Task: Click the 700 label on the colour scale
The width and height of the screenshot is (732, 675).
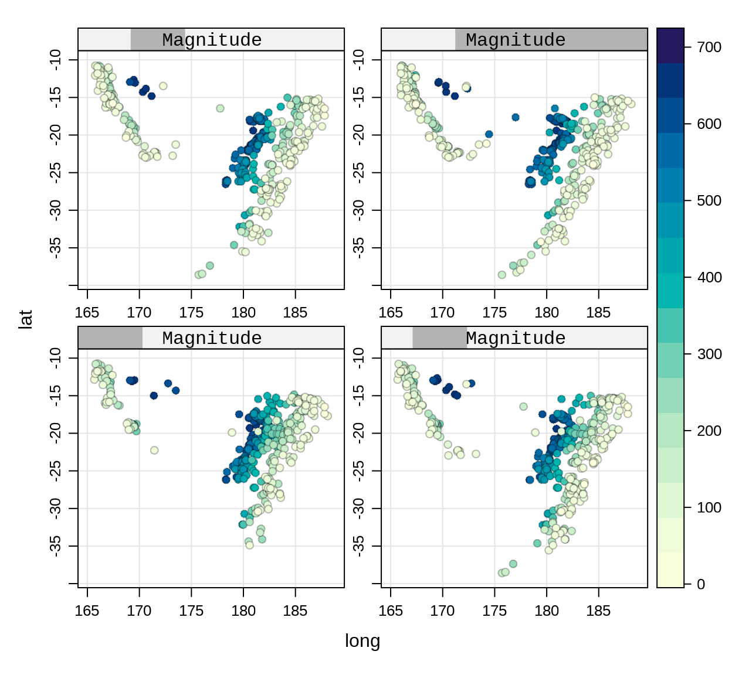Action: coord(709,47)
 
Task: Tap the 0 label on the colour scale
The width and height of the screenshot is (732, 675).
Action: coord(701,584)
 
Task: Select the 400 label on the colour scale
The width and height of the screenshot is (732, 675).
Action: coord(709,277)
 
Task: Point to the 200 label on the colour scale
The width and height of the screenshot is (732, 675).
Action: coord(709,431)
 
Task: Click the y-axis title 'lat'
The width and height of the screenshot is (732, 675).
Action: coord(25,319)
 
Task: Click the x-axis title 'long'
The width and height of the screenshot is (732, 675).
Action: coord(362,641)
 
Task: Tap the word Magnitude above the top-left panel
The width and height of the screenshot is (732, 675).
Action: coord(212,40)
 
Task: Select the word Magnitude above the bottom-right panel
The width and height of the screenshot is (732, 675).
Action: coord(516,338)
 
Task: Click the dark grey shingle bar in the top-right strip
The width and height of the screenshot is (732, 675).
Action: coord(551,40)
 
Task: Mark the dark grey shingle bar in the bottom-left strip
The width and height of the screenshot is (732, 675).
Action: coord(110,338)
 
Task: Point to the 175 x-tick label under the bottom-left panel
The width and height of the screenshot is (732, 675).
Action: coord(191,611)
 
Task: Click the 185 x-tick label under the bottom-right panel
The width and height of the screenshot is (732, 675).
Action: coord(598,611)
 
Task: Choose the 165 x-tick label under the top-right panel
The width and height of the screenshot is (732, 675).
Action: coord(391,313)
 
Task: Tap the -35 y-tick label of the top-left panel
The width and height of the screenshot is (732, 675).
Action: coord(56,248)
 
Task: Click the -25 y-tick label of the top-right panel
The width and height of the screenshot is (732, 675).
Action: coord(359,173)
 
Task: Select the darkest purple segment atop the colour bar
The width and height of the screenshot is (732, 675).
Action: coord(670,45)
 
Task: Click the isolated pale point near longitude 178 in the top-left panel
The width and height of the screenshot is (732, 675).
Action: coord(220,108)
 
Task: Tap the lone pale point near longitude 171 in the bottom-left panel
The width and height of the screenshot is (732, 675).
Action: coord(154,450)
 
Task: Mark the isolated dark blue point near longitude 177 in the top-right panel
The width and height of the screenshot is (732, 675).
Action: coord(516,117)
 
